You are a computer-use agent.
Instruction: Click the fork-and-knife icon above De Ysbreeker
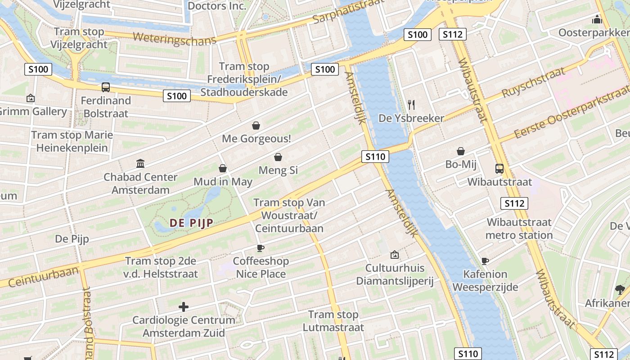[411, 105]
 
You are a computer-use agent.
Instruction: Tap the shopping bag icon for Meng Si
[278, 157]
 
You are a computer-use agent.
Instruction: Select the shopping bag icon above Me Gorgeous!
[256, 126]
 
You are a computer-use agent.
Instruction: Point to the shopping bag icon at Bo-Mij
[461, 151]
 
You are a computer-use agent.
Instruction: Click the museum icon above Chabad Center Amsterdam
[140, 163]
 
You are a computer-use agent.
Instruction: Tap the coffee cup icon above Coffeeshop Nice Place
[260, 247]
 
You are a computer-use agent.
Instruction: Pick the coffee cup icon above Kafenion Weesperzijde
[485, 261]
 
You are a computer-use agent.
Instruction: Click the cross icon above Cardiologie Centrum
[183, 307]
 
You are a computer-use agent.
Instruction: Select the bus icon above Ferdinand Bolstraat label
[106, 87]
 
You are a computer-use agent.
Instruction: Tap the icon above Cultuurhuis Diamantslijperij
[395, 255]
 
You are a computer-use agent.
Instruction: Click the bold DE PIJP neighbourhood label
[191, 222]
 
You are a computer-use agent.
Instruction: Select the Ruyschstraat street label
[533, 83]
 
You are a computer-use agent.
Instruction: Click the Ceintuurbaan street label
[43, 276]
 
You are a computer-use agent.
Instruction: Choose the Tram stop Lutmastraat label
[333, 321]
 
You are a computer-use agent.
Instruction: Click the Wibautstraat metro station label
[519, 229]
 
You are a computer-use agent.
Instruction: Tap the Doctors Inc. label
[217, 6]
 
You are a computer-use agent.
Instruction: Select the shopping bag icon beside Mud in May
[222, 168]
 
